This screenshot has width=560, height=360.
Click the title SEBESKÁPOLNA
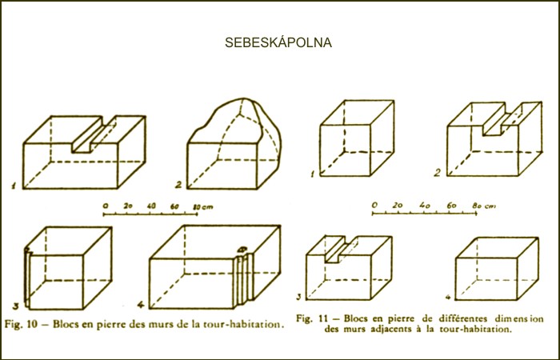(278, 42)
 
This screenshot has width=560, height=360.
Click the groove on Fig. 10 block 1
(94, 134)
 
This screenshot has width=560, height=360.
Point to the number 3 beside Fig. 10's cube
(16, 306)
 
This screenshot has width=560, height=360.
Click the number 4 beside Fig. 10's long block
(141, 305)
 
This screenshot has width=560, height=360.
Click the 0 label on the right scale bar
(374, 205)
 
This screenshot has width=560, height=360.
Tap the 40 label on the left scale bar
(151, 206)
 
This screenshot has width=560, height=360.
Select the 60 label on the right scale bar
(452, 206)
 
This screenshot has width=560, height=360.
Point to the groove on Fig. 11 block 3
(342, 250)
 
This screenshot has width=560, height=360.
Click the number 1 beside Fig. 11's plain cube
(313, 174)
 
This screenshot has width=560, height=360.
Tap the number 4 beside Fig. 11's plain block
(449, 297)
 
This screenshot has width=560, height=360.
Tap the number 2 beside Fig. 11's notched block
(438, 173)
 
